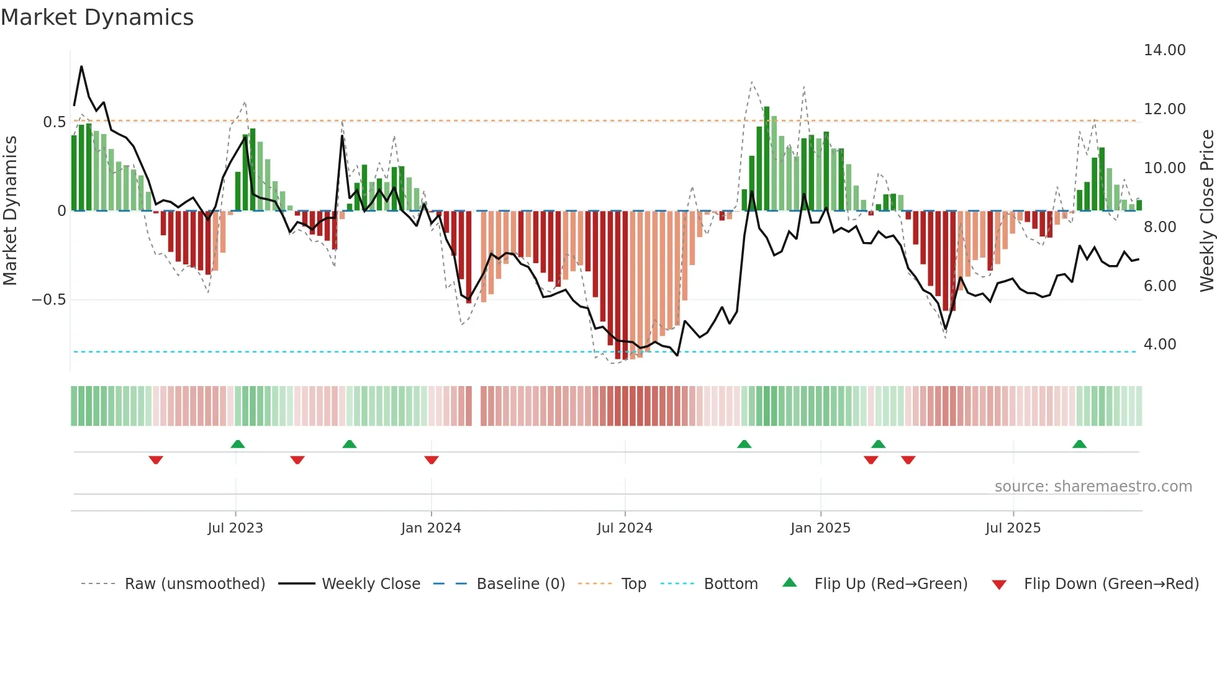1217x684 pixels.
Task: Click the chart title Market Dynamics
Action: click(x=97, y=17)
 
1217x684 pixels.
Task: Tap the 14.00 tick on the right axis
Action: click(x=1164, y=50)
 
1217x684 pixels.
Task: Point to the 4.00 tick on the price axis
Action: click(x=1159, y=344)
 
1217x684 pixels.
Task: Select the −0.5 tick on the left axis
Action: click(x=48, y=300)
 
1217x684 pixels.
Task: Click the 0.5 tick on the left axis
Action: click(x=54, y=122)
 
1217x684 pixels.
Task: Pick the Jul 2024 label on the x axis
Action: click(x=624, y=528)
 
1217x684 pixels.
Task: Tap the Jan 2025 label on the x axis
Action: click(x=820, y=528)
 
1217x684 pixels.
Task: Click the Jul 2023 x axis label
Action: click(x=235, y=528)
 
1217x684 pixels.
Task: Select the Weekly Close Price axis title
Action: click(x=1206, y=211)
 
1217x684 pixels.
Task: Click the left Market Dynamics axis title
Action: click(x=10, y=211)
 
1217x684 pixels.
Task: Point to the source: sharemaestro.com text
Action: click(x=1093, y=487)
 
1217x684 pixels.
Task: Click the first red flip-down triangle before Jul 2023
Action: click(x=156, y=459)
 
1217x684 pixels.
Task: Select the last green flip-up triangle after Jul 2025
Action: click(x=1079, y=444)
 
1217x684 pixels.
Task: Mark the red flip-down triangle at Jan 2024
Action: click(x=432, y=459)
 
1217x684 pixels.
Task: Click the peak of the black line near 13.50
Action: click(x=81, y=66)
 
